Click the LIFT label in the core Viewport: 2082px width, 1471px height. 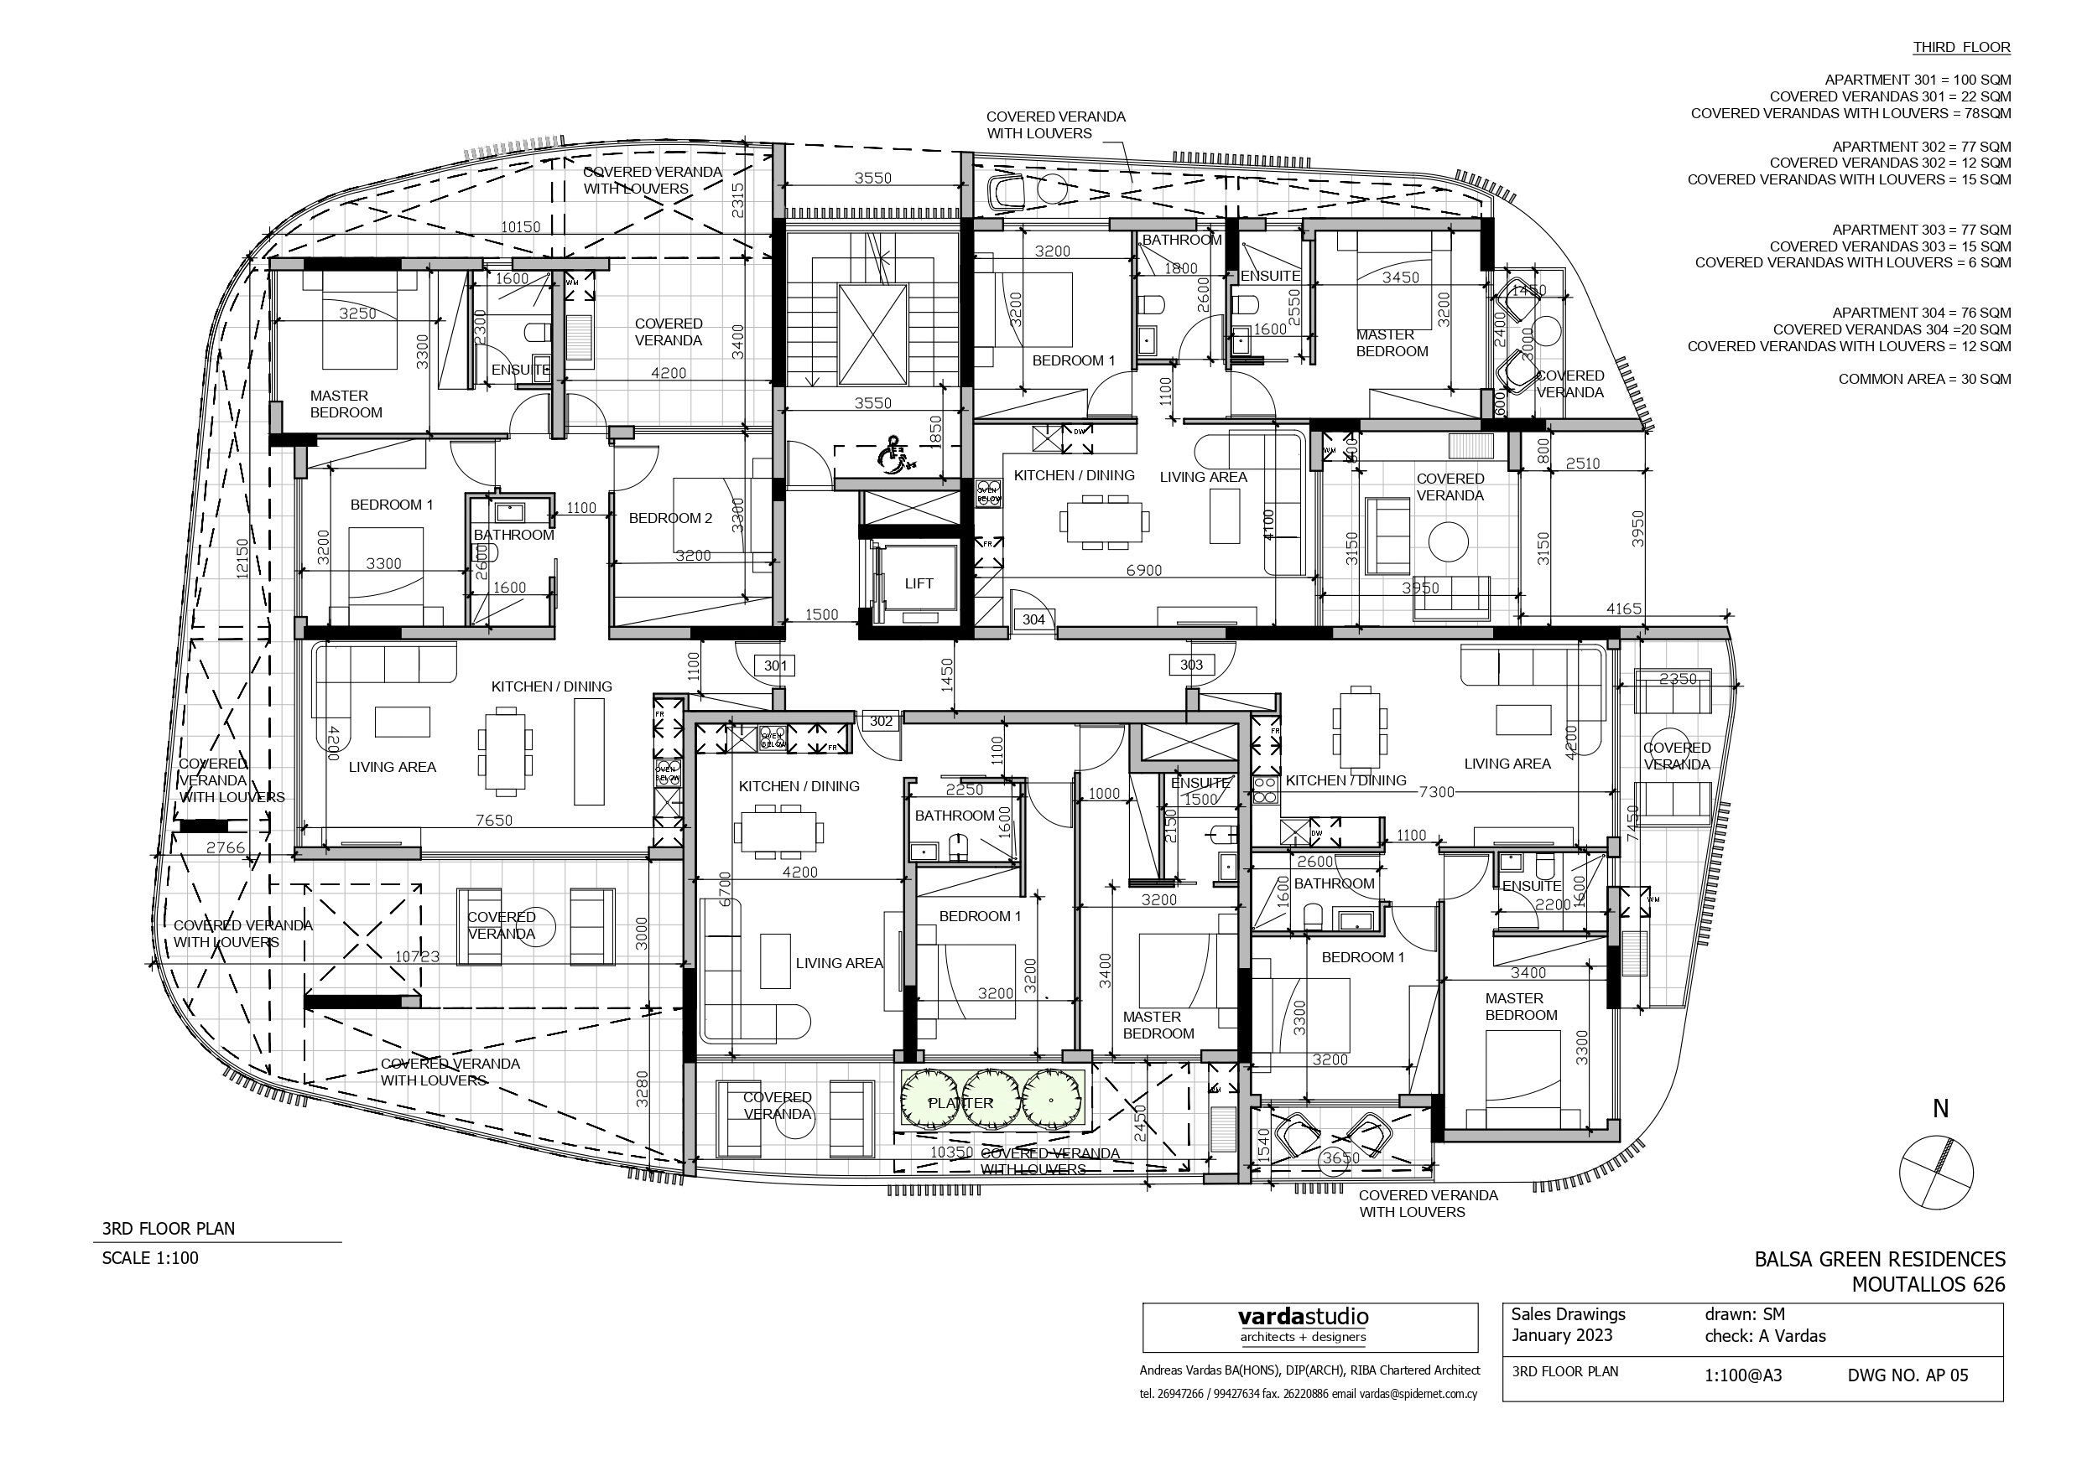pos(918,583)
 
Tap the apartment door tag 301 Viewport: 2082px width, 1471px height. pos(775,666)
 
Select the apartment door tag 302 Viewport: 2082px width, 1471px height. pos(881,722)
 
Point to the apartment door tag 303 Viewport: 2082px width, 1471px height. pos(1190,665)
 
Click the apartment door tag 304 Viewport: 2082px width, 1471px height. pos(1033,620)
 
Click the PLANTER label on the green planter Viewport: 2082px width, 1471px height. pos(960,1103)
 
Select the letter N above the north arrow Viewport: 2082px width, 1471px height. pos(1940,1108)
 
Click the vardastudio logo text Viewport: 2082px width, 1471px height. pos(1303,1317)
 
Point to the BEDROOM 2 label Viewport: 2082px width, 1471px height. pos(670,519)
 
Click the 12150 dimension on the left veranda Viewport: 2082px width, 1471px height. pos(242,559)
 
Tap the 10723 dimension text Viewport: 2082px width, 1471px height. pos(417,956)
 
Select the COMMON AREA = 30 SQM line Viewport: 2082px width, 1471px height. pos(1924,379)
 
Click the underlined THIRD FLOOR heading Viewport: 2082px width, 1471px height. pos(1961,47)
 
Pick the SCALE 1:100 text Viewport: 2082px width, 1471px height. pos(149,1258)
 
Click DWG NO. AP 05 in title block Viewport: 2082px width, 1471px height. pos(1908,1375)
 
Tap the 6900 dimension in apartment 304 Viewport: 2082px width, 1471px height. pos(1143,570)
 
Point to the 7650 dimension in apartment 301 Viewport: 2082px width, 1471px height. pos(494,821)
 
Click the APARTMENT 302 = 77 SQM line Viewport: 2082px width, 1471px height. pos(1922,147)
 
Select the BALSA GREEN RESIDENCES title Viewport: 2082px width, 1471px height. pos(1880,1259)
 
